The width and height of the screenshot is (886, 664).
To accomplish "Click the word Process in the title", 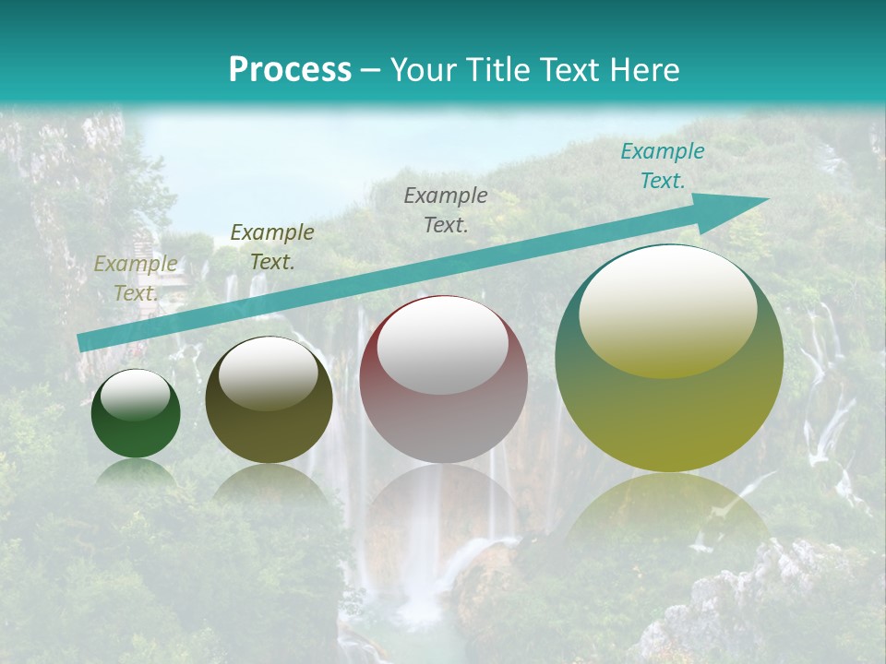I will tap(290, 70).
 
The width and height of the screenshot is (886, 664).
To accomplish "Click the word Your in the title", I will tap(422, 70).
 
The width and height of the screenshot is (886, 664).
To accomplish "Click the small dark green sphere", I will tap(136, 429).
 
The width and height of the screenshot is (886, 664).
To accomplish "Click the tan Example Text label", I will tap(136, 279).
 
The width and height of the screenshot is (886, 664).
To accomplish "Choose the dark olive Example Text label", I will tap(272, 247).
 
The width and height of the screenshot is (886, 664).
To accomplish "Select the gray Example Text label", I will tap(446, 209).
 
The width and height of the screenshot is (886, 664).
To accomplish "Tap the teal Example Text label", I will tap(662, 166).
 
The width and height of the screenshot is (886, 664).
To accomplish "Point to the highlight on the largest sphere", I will tap(667, 309).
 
